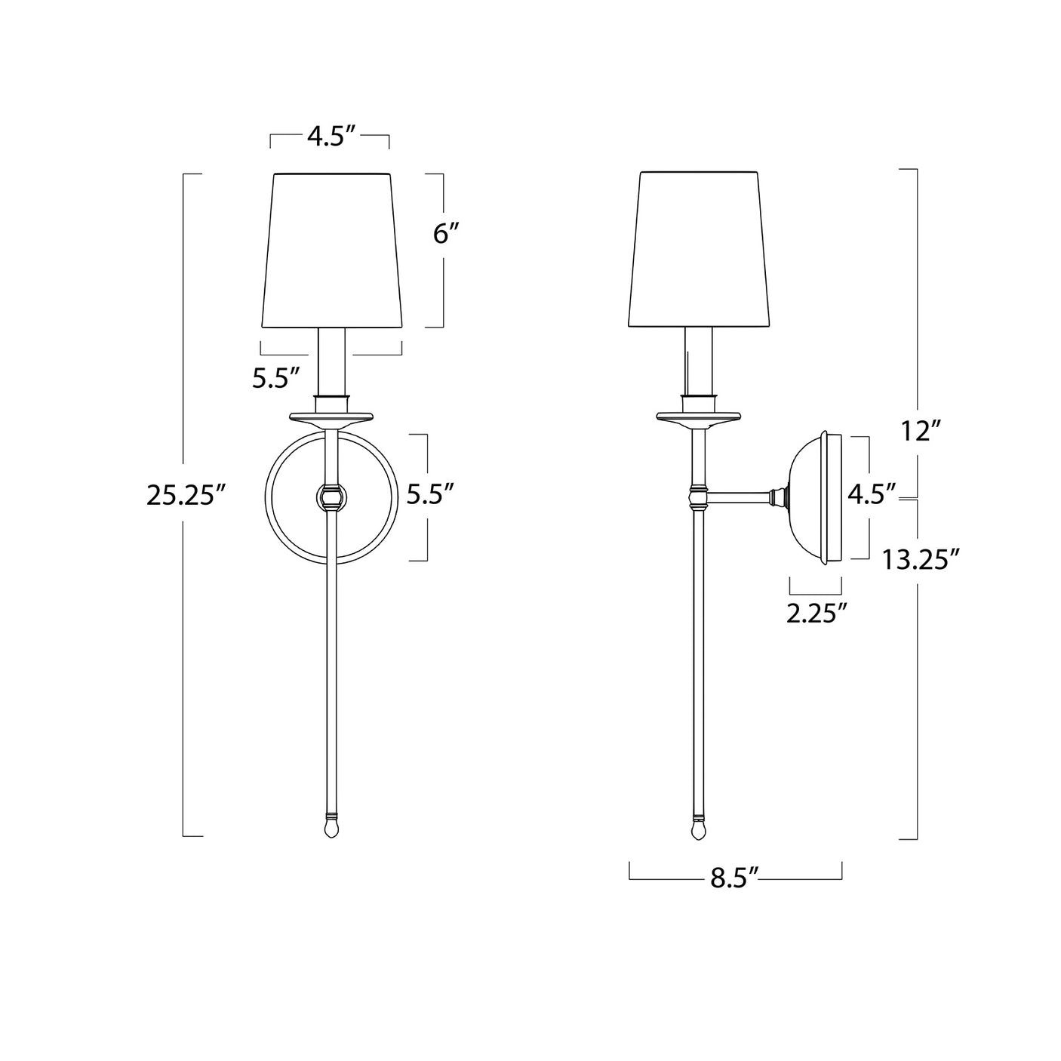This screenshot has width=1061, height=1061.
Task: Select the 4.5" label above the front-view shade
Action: point(331,137)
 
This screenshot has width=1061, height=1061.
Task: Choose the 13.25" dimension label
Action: point(921,561)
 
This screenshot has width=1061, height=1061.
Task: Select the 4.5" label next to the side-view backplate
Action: point(872,494)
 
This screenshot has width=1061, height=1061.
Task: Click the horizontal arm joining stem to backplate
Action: point(740,497)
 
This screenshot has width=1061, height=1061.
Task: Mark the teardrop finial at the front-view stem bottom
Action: point(331,829)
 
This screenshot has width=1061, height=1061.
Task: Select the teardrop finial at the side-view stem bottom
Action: point(699,829)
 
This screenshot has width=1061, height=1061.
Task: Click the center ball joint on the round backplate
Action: point(331,497)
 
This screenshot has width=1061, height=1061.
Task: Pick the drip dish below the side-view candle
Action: point(699,417)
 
